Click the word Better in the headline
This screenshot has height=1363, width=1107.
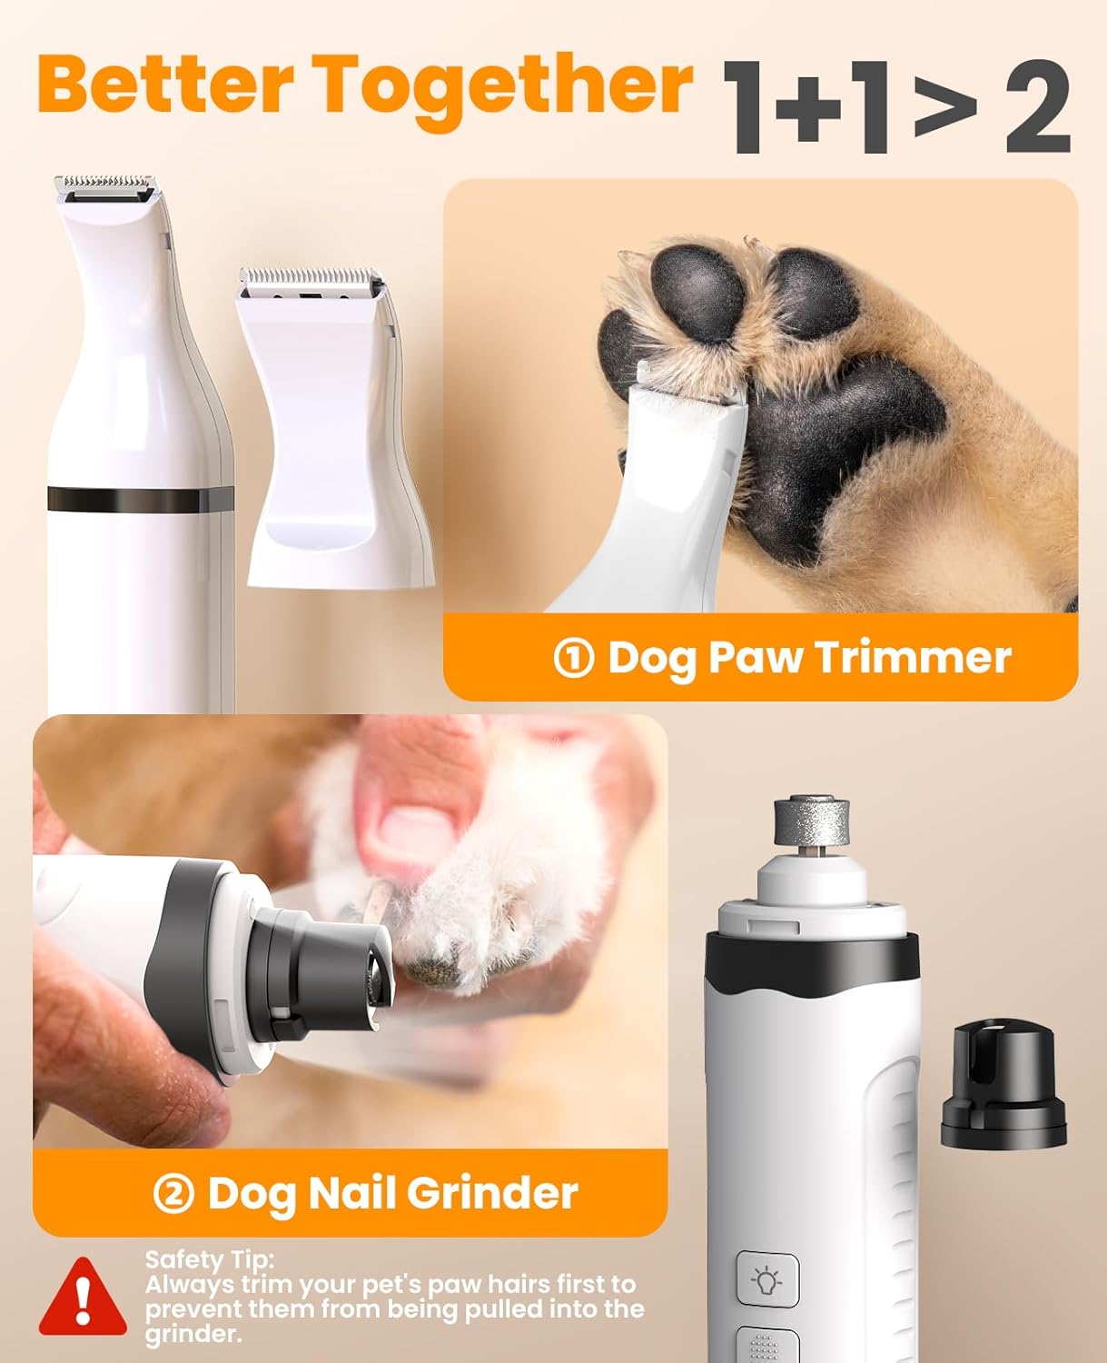coord(163,84)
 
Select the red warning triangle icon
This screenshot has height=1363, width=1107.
coord(83,1296)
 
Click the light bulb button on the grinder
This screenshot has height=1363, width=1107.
coord(767,1281)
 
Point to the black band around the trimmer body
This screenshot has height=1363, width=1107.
coord(141,498)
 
